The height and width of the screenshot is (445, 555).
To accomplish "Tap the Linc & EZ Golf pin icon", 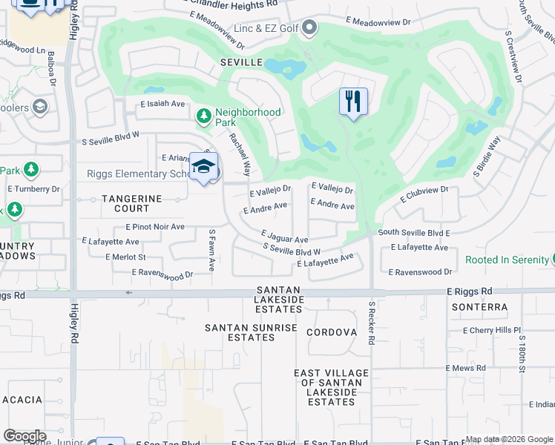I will click(309, 28).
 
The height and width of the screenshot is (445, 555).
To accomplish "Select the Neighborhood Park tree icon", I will click(204, 116).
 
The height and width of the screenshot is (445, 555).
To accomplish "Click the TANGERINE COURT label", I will click(131, 203).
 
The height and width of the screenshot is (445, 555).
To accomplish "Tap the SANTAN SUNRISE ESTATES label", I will click(251, 332).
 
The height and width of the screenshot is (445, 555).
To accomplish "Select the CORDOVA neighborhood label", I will click(332, 332).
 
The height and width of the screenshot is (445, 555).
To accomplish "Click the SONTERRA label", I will click(483, 307).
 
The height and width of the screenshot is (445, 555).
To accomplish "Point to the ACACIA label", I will click(22, 400).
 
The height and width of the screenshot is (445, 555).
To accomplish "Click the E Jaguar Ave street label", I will click(284, 237).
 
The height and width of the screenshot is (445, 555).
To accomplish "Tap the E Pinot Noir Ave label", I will click(154, 226).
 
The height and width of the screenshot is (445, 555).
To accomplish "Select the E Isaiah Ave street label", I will click(162, 104).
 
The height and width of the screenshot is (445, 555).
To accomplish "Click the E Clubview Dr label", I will click(424, 194).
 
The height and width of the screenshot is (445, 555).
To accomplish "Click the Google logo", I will click(24, 436).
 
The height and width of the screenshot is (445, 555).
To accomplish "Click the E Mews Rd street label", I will click(465, 368).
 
